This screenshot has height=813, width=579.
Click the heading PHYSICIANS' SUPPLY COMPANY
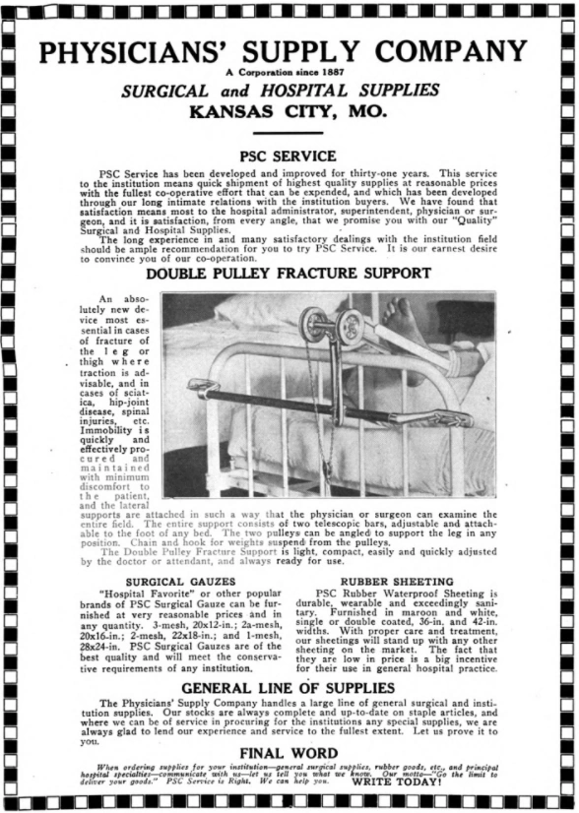(289, 52)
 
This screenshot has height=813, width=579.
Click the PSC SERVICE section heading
(289, 156)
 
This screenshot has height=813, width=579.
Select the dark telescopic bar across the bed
(295, 404)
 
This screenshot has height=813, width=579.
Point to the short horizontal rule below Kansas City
(289, 133)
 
